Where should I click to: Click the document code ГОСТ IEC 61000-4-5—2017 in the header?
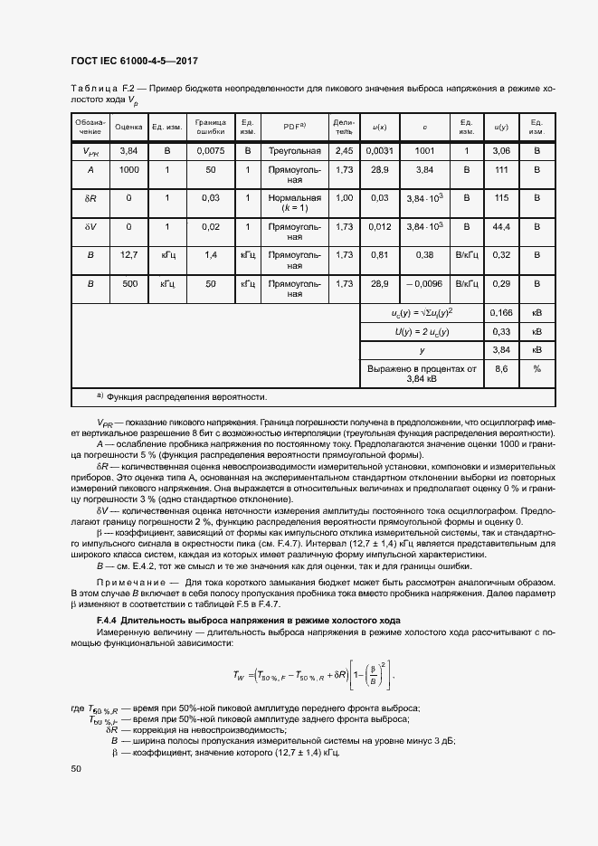click(x=134, y=61)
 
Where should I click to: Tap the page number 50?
click(x=76, y=769)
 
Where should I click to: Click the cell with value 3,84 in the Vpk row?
click(x=128, y=151)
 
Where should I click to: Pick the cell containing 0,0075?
click(x=211, y=151)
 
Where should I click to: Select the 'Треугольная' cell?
click(x=295, y=151)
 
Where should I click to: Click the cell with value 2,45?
click(x=344, y=151)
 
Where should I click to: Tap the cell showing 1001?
click(x=424, y=151)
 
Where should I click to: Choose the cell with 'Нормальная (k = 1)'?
click(x=295, y=203)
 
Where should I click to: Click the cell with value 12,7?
click(x=128, y=255)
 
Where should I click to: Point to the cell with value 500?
click(x=128, y=284)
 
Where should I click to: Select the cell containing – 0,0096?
click(x=424, y=284)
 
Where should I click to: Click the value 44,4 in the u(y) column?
click(x=502, y=226)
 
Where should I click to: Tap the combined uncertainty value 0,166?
click(x=502, y=313)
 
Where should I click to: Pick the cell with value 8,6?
click(x=502, y=368)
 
